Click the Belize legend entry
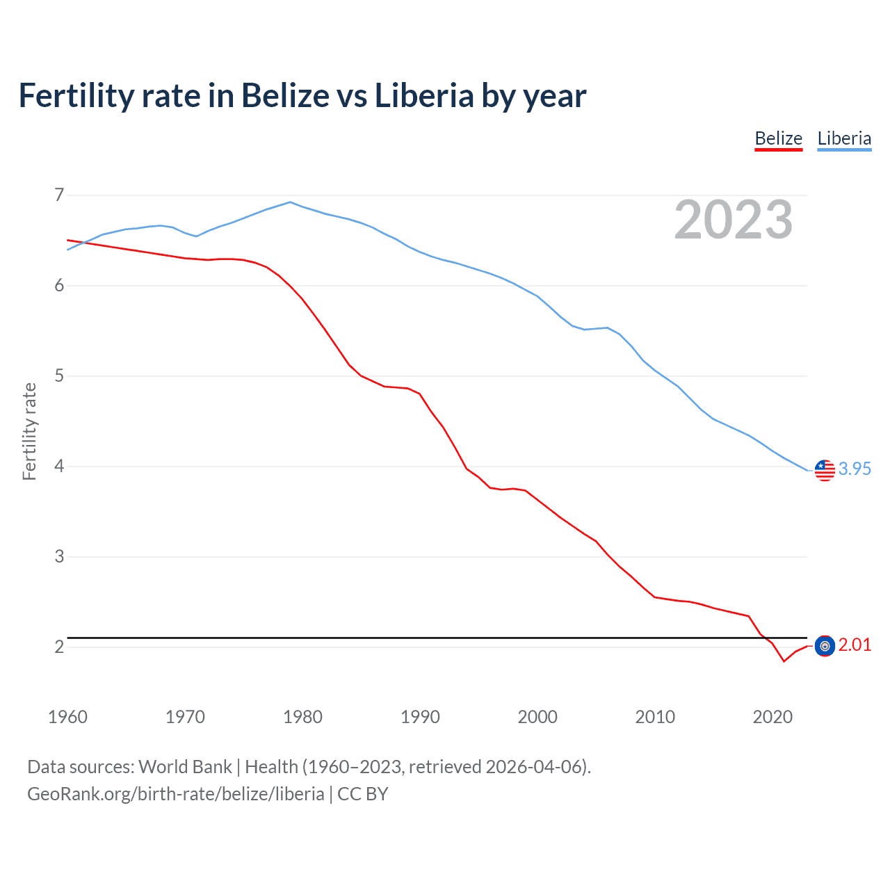[x=778, y=138]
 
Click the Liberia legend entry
[x=844, y=138]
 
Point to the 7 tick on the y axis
[x=59, y=195]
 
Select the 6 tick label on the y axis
[x=59, y=285]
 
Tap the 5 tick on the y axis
[x=59, y=376]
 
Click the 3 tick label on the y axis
[x=59, y=556]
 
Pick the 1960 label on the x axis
[x=67, y=717]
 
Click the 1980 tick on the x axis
[x=302, y=717]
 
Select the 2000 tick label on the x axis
[x=537, y=717]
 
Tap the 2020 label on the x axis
[x=772, y=717]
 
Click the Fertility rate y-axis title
[x=29, y=431]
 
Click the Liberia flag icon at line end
[x=825, y=470]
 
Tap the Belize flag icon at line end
[x=825, y=646]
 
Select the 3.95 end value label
[x=855, y=469]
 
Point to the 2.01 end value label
[x=855, y=645]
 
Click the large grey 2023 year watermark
[x=734, y=220]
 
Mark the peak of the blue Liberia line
[x=291, y=202]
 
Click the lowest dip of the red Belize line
[x=784, y=661]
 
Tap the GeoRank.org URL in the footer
[x=175, y=794]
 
